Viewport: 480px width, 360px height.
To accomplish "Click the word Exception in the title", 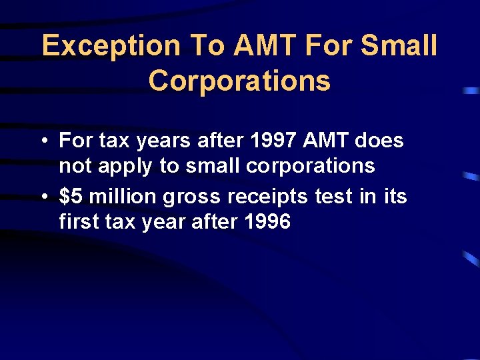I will pyautogui.click(x=111, y=47).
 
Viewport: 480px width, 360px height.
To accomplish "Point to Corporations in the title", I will pyautogui.click(x=239, y=81).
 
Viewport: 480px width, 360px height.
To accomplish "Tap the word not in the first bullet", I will pyautogui.click(x=74, y=166).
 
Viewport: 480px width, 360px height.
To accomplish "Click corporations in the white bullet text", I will pyautogui.click(x=310, y=167).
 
